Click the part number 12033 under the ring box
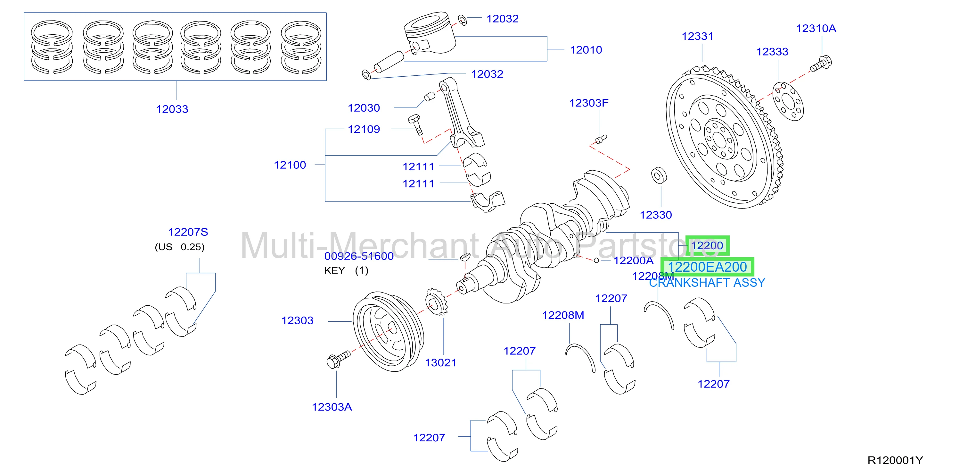tap(172, 109)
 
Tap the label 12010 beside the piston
tap(586, 50)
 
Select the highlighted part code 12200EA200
tap(707, 267)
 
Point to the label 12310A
tap(816, 28)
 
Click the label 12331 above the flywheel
tap(697, 36)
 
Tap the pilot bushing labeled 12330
tap(659, 175)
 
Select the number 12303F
tap(589, 103)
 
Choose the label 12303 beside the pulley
tap(297, 320)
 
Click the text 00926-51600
tap(359, 256)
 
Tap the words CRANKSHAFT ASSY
tap(707, 283)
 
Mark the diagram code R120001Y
tap(895, 460)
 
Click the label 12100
tap(290, 165)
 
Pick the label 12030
tap(364, 108)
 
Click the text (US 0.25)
tap(180, 247)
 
